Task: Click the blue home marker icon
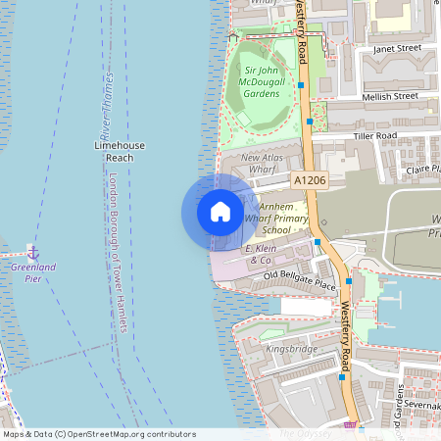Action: (x=220, y=211)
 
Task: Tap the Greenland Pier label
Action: (x=33, y=271)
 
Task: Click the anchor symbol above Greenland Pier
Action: (x=33, y=252)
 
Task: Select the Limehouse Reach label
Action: (x=119, y=151)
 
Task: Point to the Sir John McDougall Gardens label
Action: (x=263, y=83)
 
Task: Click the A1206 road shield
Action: (x=309, y=180)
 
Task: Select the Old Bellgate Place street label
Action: (x=299, y=282)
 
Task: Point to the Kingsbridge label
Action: (x=290, y=348)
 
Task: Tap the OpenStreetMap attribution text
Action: (x=99, y=434)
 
